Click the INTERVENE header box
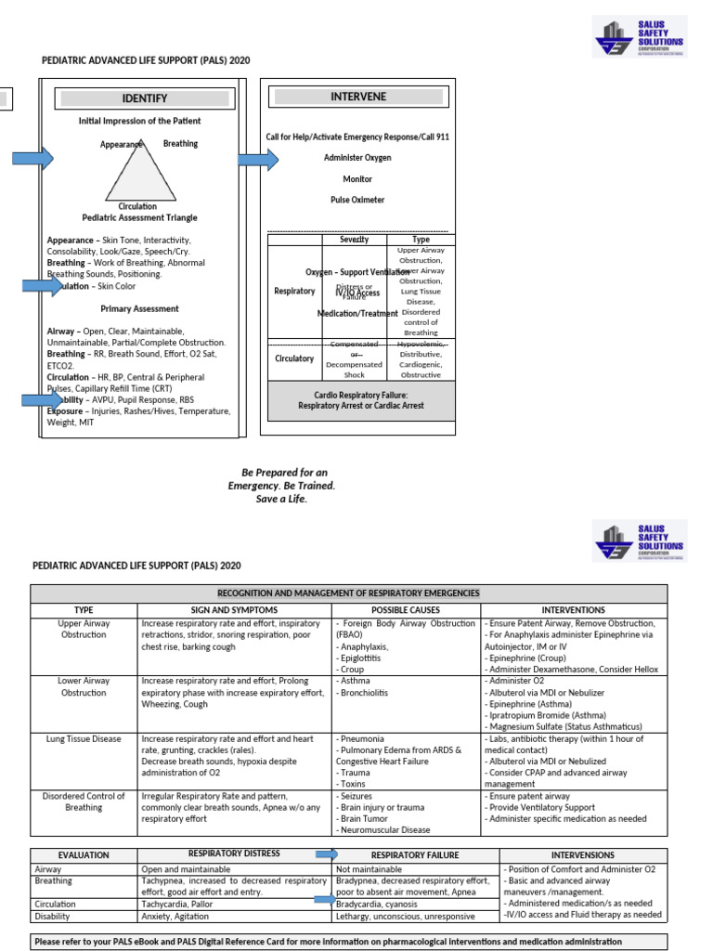pyautogui.click(x=357, y=97)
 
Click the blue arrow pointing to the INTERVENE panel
pyautogui.click(x=258, y=160)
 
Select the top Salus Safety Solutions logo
pyautogui.click(x=640, y=36)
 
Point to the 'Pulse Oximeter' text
pyautogui.click(x=357, y=200)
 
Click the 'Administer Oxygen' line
pyautogui.click(x=357, y=158)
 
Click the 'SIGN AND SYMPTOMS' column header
pyautogui.click(x=234, y=610)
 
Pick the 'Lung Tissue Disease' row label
pyautogui.click(x=84, y=738)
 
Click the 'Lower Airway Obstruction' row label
pyautogui.click(x=84, y=686)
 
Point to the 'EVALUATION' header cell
pyautogui.click(x=84, y=854)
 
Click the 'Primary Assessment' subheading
pyautogui.click(x=139, y=308)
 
